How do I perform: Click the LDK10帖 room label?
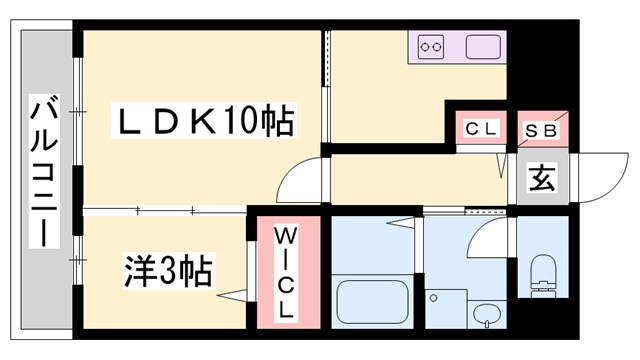[x=205, y=123]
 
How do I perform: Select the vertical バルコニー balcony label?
[x=43, y=172]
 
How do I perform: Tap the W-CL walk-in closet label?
[x=284, y=272]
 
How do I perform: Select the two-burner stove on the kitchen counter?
[x=431, y=46]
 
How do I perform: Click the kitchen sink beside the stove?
[x=482, y=46]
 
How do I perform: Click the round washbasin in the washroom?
[x=486, y=316]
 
